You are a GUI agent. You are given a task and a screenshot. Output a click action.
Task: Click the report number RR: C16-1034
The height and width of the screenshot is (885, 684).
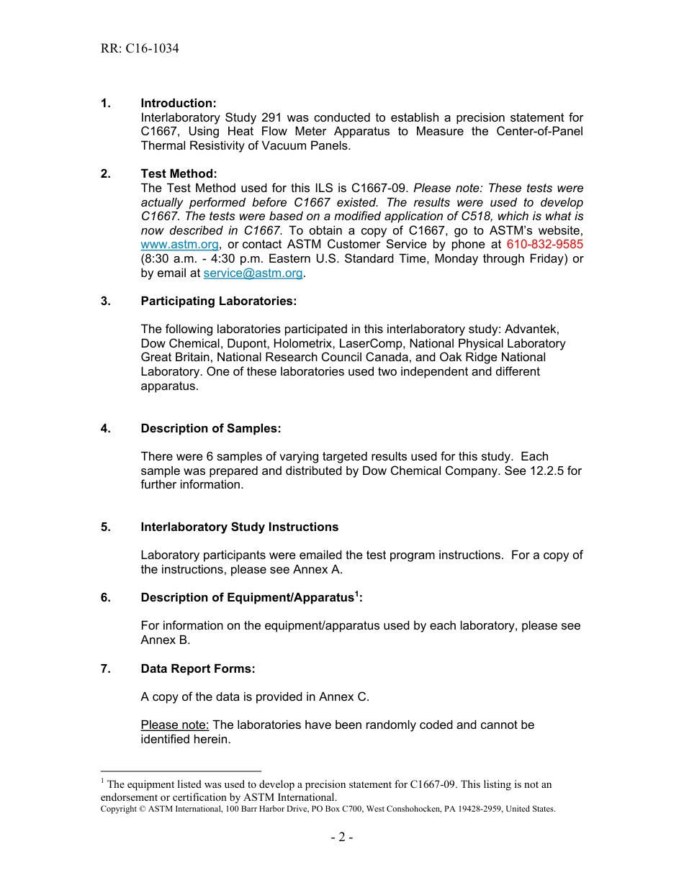pos(140,49)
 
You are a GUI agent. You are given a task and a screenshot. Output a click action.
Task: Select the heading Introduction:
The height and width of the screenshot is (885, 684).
pos(179,104)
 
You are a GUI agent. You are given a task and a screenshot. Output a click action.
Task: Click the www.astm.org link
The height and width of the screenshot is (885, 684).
pos(179,245)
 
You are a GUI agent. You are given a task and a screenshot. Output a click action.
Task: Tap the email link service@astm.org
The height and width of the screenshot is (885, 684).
pos(253,273)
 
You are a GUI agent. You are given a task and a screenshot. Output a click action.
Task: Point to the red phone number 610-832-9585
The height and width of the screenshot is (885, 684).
pos(544,245)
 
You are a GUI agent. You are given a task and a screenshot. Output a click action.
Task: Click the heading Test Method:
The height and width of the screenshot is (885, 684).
pos(179,174)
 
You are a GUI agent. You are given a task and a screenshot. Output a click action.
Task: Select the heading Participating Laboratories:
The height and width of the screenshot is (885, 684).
pos(218,301)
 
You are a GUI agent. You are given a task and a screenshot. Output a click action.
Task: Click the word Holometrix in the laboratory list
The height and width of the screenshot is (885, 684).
pos(303,343)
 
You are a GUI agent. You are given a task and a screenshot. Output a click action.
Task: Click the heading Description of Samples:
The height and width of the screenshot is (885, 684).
pos(210,428)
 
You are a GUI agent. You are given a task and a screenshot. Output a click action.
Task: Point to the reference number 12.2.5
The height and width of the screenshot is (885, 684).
pos(549,471)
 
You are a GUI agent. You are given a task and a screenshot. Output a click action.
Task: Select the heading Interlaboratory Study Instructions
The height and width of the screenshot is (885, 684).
pos(239,527)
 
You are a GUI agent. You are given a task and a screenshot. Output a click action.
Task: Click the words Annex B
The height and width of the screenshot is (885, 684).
pos(165,640)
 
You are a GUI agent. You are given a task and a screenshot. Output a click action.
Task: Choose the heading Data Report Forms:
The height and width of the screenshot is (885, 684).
pos(198,668)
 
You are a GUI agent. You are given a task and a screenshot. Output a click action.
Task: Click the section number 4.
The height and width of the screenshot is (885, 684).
pos(105,428)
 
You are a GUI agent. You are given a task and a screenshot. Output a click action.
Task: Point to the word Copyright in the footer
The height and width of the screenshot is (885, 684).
pos(119,809)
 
